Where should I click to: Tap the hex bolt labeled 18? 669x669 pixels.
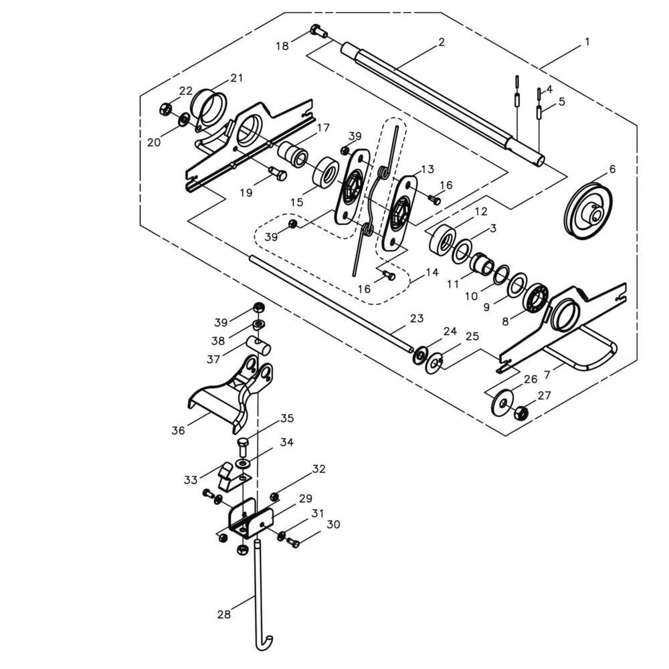tap(318, 31)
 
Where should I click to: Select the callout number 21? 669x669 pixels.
tap(236, 78)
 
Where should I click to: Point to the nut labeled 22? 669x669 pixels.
tap(165, 109)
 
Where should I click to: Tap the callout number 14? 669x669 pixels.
tap(432, 272)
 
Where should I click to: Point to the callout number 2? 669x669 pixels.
tap(442, 41)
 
